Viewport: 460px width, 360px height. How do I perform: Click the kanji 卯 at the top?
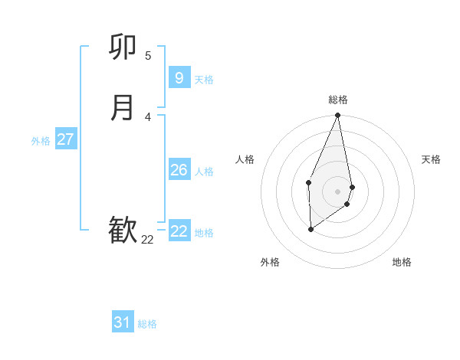coord(123,49)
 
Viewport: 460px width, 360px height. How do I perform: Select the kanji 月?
coord(123,108)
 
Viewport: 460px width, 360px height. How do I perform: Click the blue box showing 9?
coord(179,77)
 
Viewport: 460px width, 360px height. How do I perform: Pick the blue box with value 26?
coord(179,170)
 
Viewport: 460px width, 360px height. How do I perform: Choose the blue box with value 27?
coord(65,139)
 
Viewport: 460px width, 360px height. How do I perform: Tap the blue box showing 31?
coord(123,322)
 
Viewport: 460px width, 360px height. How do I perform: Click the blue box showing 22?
coord(179,231)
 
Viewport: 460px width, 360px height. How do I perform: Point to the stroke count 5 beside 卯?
coord(148,55)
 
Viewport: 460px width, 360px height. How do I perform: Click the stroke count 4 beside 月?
coord(148,117)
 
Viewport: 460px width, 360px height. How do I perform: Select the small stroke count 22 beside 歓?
coord(147,240)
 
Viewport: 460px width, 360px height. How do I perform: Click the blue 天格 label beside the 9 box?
coord(204,80)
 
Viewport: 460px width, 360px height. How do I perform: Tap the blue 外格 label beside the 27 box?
coord(41,141)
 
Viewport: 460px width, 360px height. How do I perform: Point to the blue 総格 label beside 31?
coord(147,324)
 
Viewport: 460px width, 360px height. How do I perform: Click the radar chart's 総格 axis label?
coord(338,100)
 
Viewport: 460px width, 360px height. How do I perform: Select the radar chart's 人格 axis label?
coord(245,159)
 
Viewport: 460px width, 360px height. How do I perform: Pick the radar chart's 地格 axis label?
coord(402,262)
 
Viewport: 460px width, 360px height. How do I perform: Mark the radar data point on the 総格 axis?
coord(337,116)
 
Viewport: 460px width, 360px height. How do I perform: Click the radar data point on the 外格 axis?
coord(310,228)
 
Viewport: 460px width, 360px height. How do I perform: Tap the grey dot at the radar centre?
coord(337,191)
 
